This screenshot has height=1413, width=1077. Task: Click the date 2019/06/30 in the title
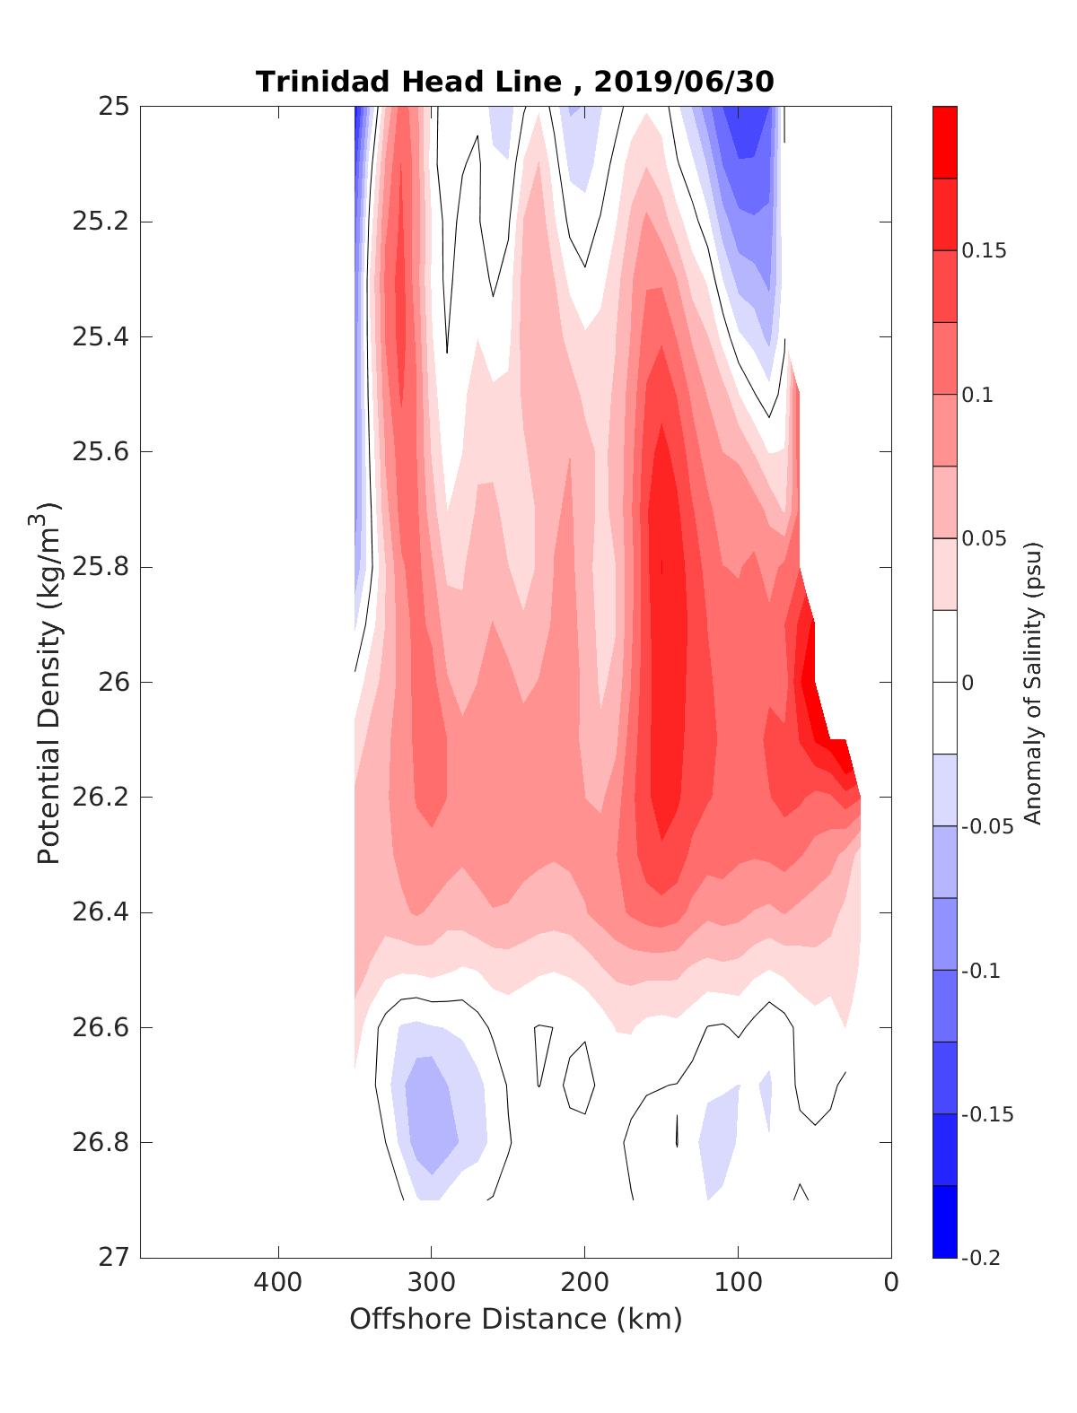[x=683, y=82]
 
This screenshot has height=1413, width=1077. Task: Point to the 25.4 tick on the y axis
[x=101, y=337]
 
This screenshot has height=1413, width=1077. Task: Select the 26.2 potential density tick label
[x=101, y=798]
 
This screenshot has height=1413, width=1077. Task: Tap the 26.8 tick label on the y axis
[x=101, y=1143]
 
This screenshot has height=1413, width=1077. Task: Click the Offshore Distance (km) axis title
[x=515, y=1320]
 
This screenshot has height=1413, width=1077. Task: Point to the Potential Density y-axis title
[x=51, y=682]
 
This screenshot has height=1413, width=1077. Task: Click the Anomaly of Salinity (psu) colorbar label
[x=1033, y=682]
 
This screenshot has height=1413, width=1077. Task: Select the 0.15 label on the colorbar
[x=984, y=250]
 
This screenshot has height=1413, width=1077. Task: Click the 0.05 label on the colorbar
[x=984, y=538]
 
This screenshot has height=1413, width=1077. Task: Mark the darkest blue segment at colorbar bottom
[x=945, y=1221]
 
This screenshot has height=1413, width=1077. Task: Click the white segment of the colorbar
[x=945, y=682]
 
